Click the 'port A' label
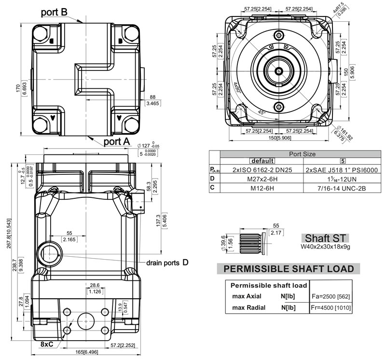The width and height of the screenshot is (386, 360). click(x=116, y=141)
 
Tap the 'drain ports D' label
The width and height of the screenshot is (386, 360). click(x=167, y=263)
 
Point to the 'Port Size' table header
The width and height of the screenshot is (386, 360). click(x=302, y=154)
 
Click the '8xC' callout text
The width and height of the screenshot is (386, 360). click(x=47, y=344)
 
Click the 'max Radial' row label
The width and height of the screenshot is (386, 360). click(x=249, y=307)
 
